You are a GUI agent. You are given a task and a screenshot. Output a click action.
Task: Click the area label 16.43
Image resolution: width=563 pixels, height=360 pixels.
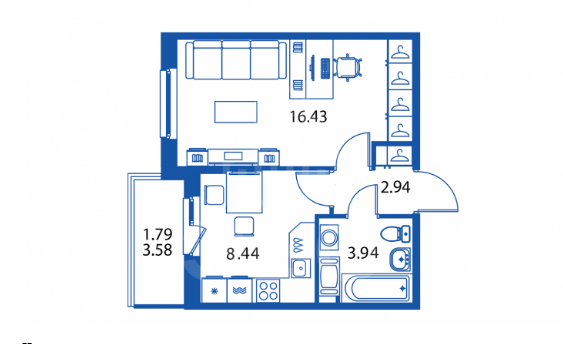(308, 117)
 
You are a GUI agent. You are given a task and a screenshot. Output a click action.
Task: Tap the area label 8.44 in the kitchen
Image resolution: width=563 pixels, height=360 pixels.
(243, 253)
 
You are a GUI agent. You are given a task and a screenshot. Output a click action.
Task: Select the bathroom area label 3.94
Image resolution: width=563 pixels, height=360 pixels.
(363, 253)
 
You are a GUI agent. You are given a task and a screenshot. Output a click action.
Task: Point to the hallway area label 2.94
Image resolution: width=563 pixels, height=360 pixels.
(395, 187)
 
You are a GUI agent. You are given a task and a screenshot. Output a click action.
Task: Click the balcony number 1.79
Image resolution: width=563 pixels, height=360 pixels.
(158, 234)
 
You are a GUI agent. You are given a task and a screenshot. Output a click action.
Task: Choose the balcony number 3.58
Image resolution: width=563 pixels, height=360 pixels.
(157, 250)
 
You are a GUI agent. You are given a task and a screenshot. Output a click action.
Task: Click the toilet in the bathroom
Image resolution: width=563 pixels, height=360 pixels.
(395, 234)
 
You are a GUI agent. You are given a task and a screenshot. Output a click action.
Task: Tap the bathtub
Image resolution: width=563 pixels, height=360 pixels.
(376, 288)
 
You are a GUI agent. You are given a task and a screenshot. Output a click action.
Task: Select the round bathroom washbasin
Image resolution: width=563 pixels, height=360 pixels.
(400, 259)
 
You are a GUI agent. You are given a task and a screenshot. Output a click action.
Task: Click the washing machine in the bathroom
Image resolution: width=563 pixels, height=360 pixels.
(329, 237)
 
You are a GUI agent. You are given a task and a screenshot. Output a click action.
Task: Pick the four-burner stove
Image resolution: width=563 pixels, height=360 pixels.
(268, 290)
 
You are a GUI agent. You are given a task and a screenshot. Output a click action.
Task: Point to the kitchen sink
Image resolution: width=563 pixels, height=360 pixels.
(301, 268)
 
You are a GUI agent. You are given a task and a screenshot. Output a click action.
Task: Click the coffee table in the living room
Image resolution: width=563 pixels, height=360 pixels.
(236, 112)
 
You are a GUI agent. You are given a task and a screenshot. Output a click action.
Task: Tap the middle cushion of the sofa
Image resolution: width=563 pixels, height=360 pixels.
(236, 60)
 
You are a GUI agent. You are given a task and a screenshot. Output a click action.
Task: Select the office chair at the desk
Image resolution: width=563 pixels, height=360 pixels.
(347, 67)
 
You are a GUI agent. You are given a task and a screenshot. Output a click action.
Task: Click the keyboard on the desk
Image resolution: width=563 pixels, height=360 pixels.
(325, 68)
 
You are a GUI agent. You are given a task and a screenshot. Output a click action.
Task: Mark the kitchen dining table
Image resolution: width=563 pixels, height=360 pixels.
(244, 193)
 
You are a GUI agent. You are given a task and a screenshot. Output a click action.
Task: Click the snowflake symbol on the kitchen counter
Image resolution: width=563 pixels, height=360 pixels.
(215, 291)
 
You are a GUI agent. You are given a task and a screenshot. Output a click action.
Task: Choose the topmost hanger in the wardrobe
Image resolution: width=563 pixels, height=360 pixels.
(400, 53)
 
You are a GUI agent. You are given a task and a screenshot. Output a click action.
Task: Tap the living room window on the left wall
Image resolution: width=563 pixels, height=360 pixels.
(168, 103)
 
